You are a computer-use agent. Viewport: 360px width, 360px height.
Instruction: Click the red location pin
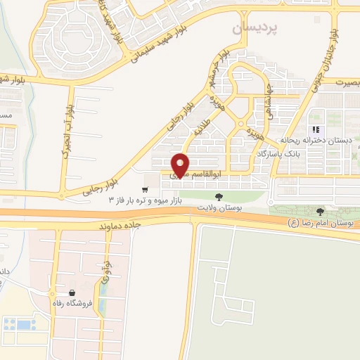point(181,164)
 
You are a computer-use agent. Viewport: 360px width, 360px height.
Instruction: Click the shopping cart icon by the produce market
point(145,189)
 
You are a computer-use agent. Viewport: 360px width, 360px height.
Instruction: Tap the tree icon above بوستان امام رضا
point(321,211)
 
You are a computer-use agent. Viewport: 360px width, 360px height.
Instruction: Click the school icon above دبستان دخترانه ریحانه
point(316,129)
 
